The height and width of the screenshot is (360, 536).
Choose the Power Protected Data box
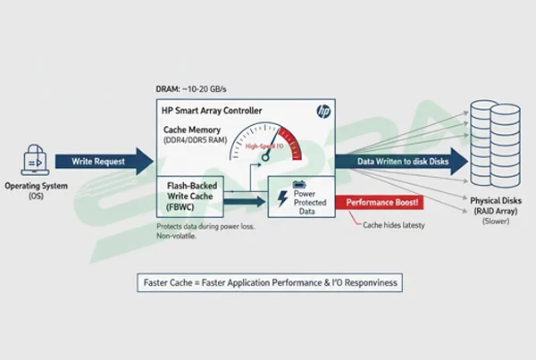[298, 197]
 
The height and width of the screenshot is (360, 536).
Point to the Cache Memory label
[188, 130]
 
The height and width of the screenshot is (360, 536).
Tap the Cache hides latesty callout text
[394, 224]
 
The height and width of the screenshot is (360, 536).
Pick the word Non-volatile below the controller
[174, 237]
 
